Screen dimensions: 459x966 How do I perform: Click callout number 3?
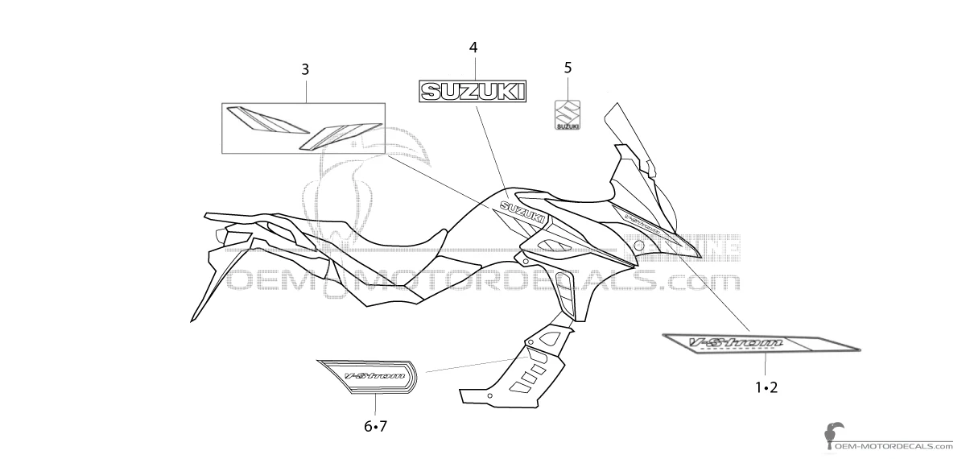(x=305, y=70)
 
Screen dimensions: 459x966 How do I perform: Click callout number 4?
(x=473, y=48)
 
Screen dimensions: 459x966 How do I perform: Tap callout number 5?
(x=568, y=68)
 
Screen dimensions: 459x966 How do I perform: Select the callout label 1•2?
(x=766, y=388)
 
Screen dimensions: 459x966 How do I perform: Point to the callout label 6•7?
(x=375, y=426)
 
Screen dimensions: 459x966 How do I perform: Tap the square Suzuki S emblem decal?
(x=568, y=114)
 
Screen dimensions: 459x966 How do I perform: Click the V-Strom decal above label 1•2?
(x=761, y=343)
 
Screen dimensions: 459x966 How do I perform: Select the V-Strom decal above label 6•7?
(x=369, y=375)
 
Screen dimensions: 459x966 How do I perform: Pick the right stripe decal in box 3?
(x=339, y=134)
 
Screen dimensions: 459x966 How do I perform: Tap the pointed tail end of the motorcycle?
(x=195, y=317)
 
